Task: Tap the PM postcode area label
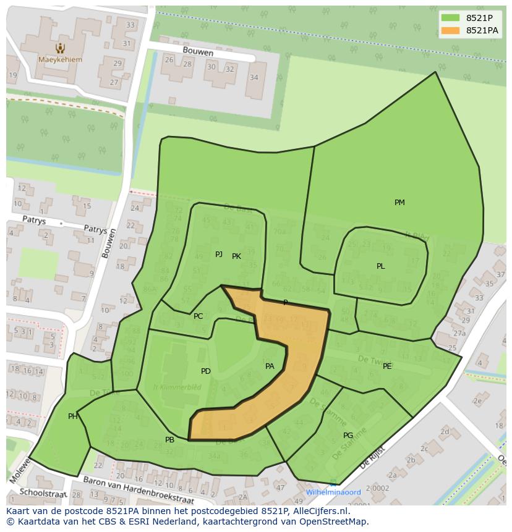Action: coord(399,203)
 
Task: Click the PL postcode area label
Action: coord(381,266)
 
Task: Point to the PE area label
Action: coord(387,366)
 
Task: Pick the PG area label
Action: coord(348,436)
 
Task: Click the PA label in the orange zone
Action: coord(270,366)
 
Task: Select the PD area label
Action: coord(206,371)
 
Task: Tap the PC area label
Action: coord(198,316)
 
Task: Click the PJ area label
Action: coord(219,255)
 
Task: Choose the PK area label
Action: coord(236,256)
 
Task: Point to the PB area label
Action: coord(169,440)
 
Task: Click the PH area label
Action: coord(73,416)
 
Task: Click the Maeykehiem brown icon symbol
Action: coord(59,48)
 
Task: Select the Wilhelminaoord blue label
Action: coord(333,492)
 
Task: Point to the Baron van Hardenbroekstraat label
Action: coord(139,491)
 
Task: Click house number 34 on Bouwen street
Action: coord(254,77)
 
